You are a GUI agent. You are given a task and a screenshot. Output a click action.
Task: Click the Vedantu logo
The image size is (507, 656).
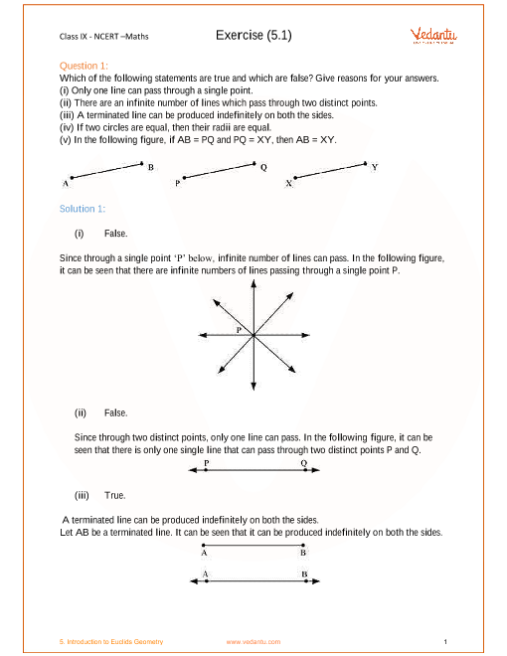tap(433, 36)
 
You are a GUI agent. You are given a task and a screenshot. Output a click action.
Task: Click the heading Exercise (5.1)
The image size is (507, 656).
tap(253, 35)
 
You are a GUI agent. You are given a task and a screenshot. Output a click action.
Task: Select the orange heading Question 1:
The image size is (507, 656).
tap(84, 66)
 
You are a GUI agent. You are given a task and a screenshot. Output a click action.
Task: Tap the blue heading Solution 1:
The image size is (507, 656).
tap(83, 209)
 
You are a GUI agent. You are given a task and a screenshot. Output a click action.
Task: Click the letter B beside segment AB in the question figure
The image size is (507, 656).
tap(151, 167)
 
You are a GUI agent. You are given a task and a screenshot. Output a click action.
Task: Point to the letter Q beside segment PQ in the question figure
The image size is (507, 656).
tap(263, 167)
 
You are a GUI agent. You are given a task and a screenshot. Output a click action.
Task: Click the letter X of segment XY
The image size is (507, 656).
tap(288, 183)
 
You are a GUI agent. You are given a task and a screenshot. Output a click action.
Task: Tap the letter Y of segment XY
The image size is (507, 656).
tap(375, 167)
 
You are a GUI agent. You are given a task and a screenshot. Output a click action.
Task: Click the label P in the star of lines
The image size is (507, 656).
tap(239, 330)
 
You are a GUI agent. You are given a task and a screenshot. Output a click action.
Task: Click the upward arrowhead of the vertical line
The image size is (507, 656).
tap(253, 283)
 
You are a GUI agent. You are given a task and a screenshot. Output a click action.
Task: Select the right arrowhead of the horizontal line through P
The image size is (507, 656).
tap(306, 335)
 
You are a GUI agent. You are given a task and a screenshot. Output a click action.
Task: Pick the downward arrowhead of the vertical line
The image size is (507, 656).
tap(253, 387)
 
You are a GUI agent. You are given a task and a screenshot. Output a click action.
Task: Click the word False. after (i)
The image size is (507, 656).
tap(116, 234)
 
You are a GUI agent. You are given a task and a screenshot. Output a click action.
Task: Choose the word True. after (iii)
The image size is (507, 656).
tap(115, 495)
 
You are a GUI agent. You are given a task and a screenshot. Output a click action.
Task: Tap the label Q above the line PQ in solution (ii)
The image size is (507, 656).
tap(303, 463)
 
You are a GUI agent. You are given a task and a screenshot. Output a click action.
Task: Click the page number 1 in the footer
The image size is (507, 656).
tap(445, 642)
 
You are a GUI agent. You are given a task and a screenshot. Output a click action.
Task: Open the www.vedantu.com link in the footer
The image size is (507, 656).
tap(253, 642)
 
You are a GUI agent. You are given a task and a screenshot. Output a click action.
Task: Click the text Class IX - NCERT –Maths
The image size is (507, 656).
tap(103, 37)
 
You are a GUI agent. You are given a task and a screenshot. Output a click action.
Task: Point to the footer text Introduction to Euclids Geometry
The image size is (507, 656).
tap(115, 642)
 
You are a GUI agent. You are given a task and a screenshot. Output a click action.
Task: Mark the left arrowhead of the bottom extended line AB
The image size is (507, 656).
tap(194, 581)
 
